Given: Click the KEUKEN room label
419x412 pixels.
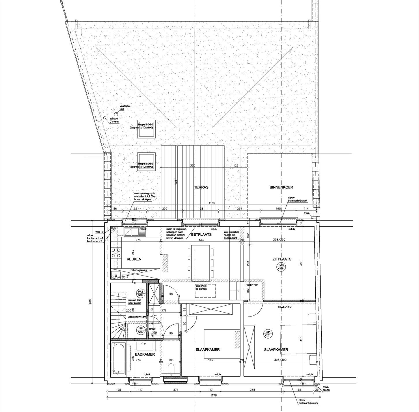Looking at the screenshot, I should coord(134,259).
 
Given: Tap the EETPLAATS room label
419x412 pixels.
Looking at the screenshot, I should coord(201,234).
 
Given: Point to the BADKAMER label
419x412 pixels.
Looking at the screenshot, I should coord(145,354).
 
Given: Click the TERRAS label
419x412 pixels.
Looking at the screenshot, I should coord(201,187).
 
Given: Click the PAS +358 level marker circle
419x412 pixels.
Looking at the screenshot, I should coord(280,267).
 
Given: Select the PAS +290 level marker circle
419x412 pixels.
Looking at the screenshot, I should coord(141,293).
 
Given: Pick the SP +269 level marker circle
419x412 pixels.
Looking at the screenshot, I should coord(141,330).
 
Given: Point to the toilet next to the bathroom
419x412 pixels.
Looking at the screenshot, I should coord(171,369).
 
